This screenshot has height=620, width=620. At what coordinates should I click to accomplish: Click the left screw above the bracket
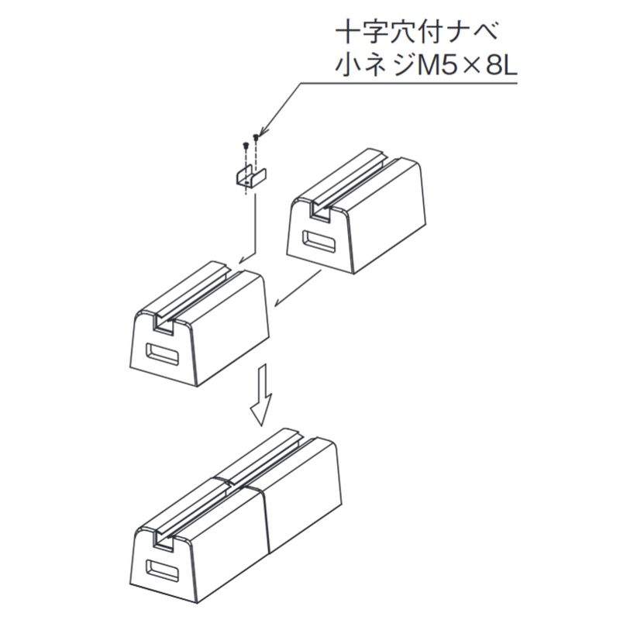pyautogui.click(x=246, y=145)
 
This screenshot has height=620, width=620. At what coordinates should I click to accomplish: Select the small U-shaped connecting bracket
pyautogui.click(x=246, y=177)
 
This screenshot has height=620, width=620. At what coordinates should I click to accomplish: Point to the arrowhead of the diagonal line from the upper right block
pyautogui.click(x=277, y=305)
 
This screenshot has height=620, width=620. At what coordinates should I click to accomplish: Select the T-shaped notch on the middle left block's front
pyautogui.click(x=163, y=327)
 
